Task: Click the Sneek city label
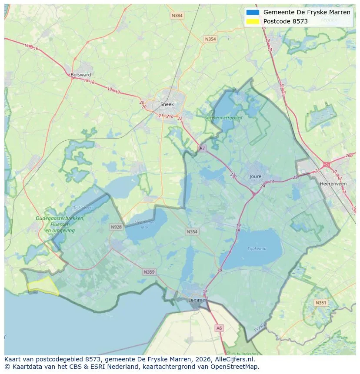tap(167, 104)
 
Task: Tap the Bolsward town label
tap(80, 75)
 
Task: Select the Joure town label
tap(256, 176)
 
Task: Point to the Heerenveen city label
tap(333, 184)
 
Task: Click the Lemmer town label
tap(197, 300)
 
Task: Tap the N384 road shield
tap(177, 16)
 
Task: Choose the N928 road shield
tap(116, 227)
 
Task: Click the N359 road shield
tap(149, 272)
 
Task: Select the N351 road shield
tap(321, 303)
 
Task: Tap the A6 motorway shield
tap(219, 328)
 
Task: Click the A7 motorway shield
tap(202, 148)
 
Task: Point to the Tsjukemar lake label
tap(257, 248)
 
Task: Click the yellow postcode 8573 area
tap(43, 286)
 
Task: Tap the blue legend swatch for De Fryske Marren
tap(252, 12)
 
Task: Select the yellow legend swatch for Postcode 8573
tap(252, 21)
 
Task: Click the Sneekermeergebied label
tap(226, 117)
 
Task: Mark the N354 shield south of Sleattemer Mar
tap(192, 232)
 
